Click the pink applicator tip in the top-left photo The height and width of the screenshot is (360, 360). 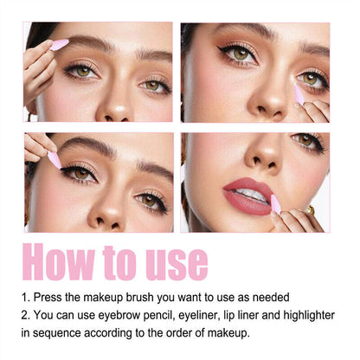60,44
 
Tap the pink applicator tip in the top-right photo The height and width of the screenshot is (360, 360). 299,93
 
